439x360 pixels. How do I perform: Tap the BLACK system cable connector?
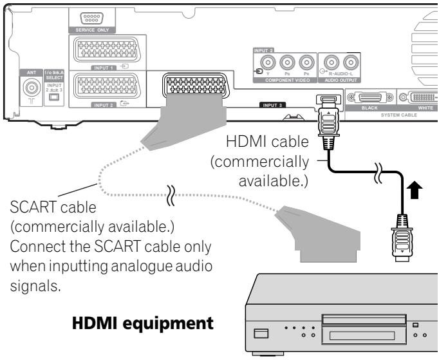[x=369, y=98]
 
